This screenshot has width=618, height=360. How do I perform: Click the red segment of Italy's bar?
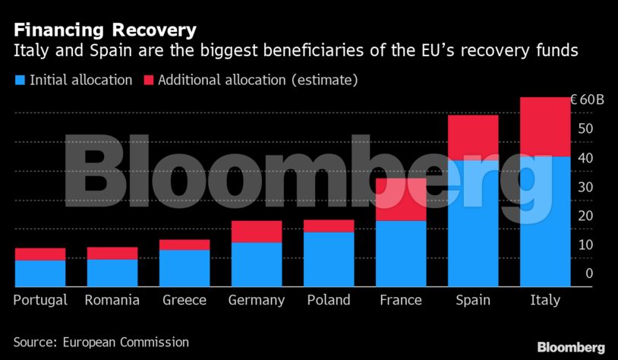544,126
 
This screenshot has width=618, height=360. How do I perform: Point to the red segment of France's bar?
401,199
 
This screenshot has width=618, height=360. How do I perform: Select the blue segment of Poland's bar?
329,259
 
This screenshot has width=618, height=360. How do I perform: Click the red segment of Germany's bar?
257,232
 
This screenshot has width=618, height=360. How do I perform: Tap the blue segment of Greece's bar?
184,267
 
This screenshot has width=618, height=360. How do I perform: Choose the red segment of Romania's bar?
112,253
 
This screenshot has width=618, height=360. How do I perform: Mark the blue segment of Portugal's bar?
40,273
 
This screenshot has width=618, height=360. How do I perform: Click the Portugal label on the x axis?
40,300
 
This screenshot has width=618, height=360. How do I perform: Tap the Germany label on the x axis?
257,300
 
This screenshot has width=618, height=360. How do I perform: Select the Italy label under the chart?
544,300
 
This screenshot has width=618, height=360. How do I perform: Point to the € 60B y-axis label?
587,100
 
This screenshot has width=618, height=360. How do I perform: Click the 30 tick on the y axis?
585,187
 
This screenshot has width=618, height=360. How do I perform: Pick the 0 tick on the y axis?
588,273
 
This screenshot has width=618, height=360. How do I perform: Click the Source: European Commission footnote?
101,343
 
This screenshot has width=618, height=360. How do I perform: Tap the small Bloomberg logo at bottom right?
571,347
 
